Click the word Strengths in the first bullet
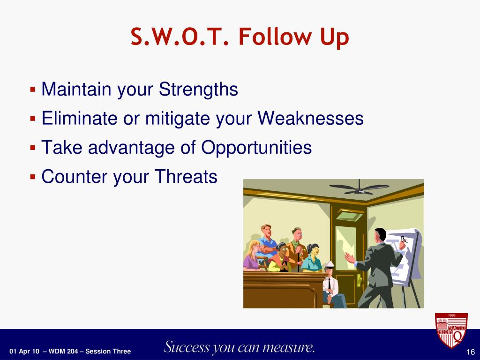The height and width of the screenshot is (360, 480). click(198, 90)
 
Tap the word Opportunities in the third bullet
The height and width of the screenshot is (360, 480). click(256, 148)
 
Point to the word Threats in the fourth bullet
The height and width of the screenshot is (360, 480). click(186, 176)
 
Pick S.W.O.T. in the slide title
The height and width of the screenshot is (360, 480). click(180, 37)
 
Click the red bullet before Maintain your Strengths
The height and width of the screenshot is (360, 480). click(33, 90)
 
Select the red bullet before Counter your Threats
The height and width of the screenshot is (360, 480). click(33, 177)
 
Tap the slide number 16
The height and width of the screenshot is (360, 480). click(470, 352)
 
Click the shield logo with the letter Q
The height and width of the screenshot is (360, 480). click(451, 330)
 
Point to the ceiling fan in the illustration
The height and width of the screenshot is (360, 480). click(359, 187)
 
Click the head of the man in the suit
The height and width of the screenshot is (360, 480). click(381, 235)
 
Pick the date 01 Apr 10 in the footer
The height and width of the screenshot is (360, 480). click(24, 352)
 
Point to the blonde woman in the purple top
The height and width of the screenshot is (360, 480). click(252, 255)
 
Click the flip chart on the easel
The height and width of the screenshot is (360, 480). click(404, 255)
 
